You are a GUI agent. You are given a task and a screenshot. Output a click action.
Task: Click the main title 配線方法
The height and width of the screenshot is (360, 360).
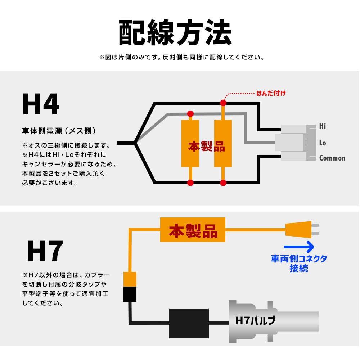tap(175, 33)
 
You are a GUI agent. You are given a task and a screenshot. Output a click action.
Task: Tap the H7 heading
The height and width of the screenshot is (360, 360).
tap(45, 251)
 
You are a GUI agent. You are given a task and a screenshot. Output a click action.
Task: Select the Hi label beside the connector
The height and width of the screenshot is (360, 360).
tap(323, 126)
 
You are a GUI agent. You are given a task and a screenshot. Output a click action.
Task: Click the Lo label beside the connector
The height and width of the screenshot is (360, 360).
tap(323, 143)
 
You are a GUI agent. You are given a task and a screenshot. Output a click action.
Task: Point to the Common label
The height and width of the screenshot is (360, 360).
tap(332, 158)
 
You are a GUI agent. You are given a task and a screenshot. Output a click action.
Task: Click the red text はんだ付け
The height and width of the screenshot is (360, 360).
tap(271, 94)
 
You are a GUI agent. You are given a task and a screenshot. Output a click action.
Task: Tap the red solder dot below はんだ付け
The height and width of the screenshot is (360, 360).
tap(223, 103)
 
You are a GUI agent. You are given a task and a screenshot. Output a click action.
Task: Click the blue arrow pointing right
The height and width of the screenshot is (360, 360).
tap(299, 247)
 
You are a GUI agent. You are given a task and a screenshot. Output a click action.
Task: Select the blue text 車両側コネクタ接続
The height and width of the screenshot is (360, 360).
tap(299, 264)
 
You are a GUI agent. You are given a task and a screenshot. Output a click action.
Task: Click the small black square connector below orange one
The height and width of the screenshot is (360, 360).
tap(130, 295)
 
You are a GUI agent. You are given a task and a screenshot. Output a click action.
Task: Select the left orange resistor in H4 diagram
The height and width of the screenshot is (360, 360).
tap(190, 143)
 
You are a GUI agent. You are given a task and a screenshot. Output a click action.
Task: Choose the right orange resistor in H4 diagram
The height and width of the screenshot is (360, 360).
tap(223, 143)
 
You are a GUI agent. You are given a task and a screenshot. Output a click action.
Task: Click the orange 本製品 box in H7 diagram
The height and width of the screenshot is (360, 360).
tap(193, 230)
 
